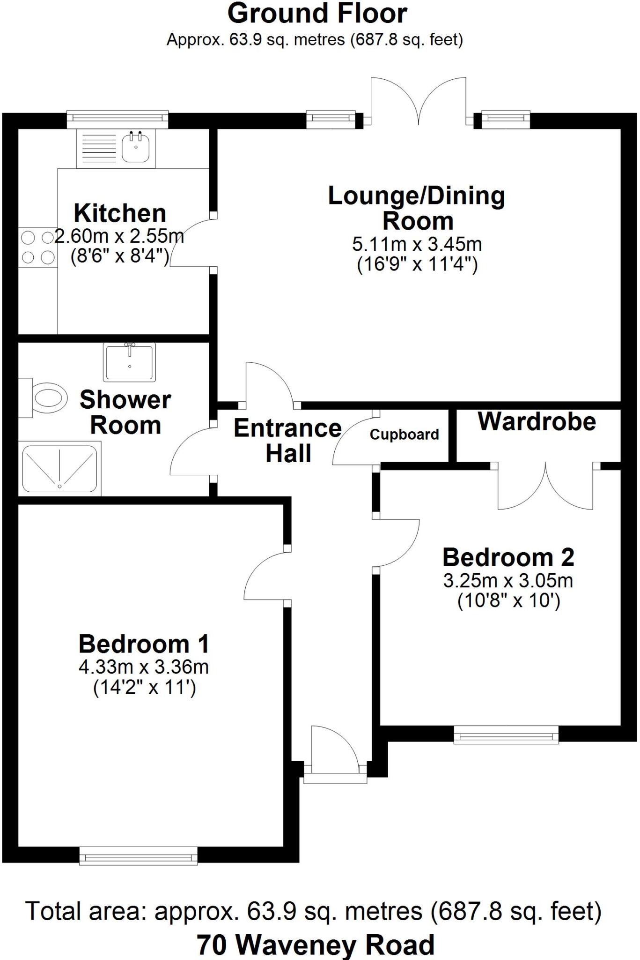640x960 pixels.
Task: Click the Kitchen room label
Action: pyautogui.click(x=120, y=213)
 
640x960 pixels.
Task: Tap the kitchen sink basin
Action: pyautogui.click(x=136, y=147)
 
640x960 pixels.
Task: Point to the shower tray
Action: pyautogui.click(x=59, y=469)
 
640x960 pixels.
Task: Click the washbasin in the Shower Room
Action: pyautogui.click(x=129, y=362)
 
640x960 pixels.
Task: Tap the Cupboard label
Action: pyautogui.click(x=404, y=435)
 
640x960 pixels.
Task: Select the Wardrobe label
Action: pyautogui.click(x=537, y=421)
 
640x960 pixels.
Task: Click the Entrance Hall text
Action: pyautogui.click(x=288, y=441)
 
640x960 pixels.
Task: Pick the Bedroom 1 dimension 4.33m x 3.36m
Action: pyautogui.click(x=143, y=667)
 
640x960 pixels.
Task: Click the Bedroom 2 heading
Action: pyautogui.click(x=508, y=557)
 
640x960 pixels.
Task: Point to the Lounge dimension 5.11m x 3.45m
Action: pyautogui.click(x=417, y=244)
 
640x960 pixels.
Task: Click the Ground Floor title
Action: pyautogui.click(x=317, y=14)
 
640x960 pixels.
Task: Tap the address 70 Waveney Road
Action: pyautogui.click(x=316, y=945)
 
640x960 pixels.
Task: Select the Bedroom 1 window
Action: pyautogui.click(x=138, y=856)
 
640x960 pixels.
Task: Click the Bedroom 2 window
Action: pyautogui.click(x=506, y=735)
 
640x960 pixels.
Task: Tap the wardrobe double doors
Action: pyautogui.click(x=545, y=487)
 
